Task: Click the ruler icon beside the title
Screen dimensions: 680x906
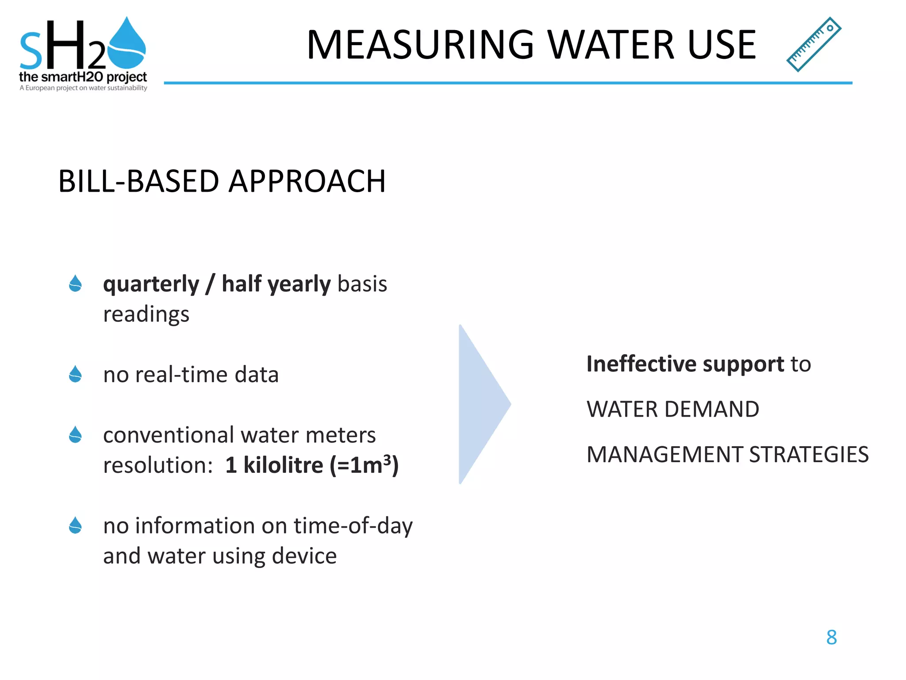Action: [x=814, y=44]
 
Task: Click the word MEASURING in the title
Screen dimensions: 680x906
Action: [x=420, y=45]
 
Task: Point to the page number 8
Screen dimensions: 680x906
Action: [x=831, y=637]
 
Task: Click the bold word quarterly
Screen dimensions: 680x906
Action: [x=151, y=284]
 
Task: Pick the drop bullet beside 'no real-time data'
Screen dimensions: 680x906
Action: [x=76, y=374]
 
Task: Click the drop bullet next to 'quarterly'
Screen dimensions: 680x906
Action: [x=76, y=284]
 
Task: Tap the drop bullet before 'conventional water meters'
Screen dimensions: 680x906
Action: [x=76, y=435]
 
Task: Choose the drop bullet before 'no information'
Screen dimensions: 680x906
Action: [x=76, y=525]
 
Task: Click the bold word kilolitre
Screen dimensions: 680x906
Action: [x=283, y=465]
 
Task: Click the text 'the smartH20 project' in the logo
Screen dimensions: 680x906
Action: [x=83, y=77]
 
